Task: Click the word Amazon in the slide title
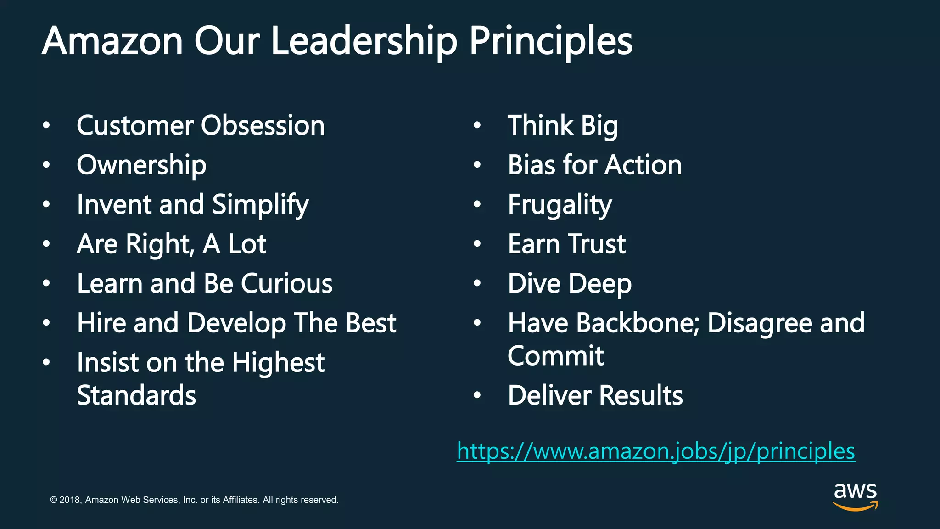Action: pyautogui.click(x=112, y=41)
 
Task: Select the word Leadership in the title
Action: pyautogui.click(x=364, y=41)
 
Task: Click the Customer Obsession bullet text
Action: pyautogui.click(x=201, y=125)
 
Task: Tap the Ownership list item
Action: pyautogui.click(x=141, y=165)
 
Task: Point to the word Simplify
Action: pyautogui.click(x=260, y=205)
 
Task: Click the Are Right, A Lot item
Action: pyautogui.click(x=171, y=244)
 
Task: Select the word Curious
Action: pyautogui.click(x=286, y=283)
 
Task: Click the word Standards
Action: pyautogui.click(x=136, y=395)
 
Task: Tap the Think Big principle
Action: pyautogui.click(x=563, y=126)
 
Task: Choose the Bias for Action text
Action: pyautogui.click(x=595, y=165)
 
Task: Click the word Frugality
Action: pyautogui.click(x=560, y=205)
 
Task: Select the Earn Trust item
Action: pyautogui.click(x=566, y=244)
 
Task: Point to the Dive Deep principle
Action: pyautogui.click(x=570, y=284)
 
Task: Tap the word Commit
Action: pyautogui.click(x=555, y=356)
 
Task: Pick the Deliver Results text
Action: pyautogui.click(x=595, y=395)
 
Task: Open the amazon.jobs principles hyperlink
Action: pyautogui.click(x=656, y=451)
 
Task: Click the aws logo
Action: pyautogui.click(x=855, y=496)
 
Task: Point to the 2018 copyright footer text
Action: pyautogui.click(x=194, y=500)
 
